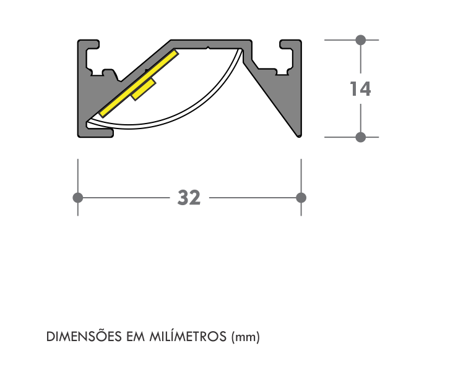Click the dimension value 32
(x=189, y=198)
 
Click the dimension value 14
(x=360, y=89)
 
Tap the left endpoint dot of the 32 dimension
(x=78, y=198)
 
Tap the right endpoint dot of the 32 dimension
(x=301, y=198)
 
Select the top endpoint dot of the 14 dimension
(x=361, y=40)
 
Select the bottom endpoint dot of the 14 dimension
(x=361, y=137)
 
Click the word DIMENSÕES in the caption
(x=84, y=336)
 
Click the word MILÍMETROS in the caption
(x=188, y=336)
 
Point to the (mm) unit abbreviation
(x=245, y=337)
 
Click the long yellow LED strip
(x=139, y=83)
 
